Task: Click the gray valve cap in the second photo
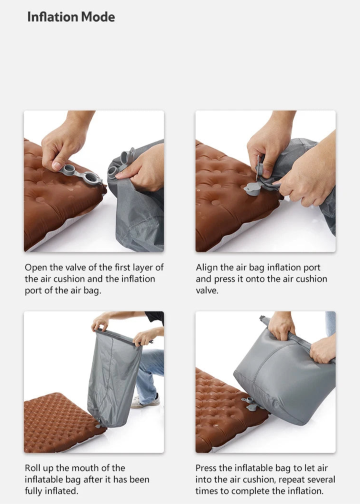(253, 188)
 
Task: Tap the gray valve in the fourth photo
(250, 403)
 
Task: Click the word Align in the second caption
(206, 267)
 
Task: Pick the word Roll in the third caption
(33, 468)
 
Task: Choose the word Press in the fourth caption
(207, 468)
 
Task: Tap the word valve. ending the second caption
(207, 290)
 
